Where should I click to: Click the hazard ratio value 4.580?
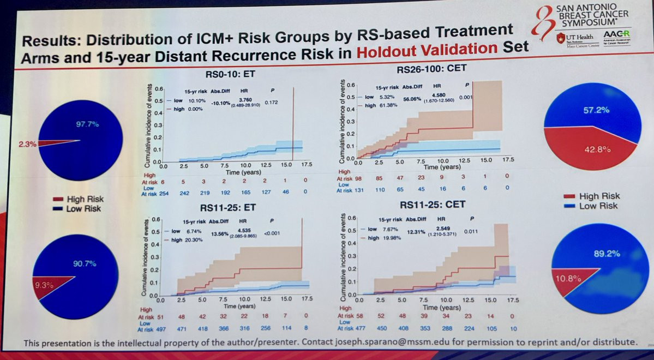pos(437,95)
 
